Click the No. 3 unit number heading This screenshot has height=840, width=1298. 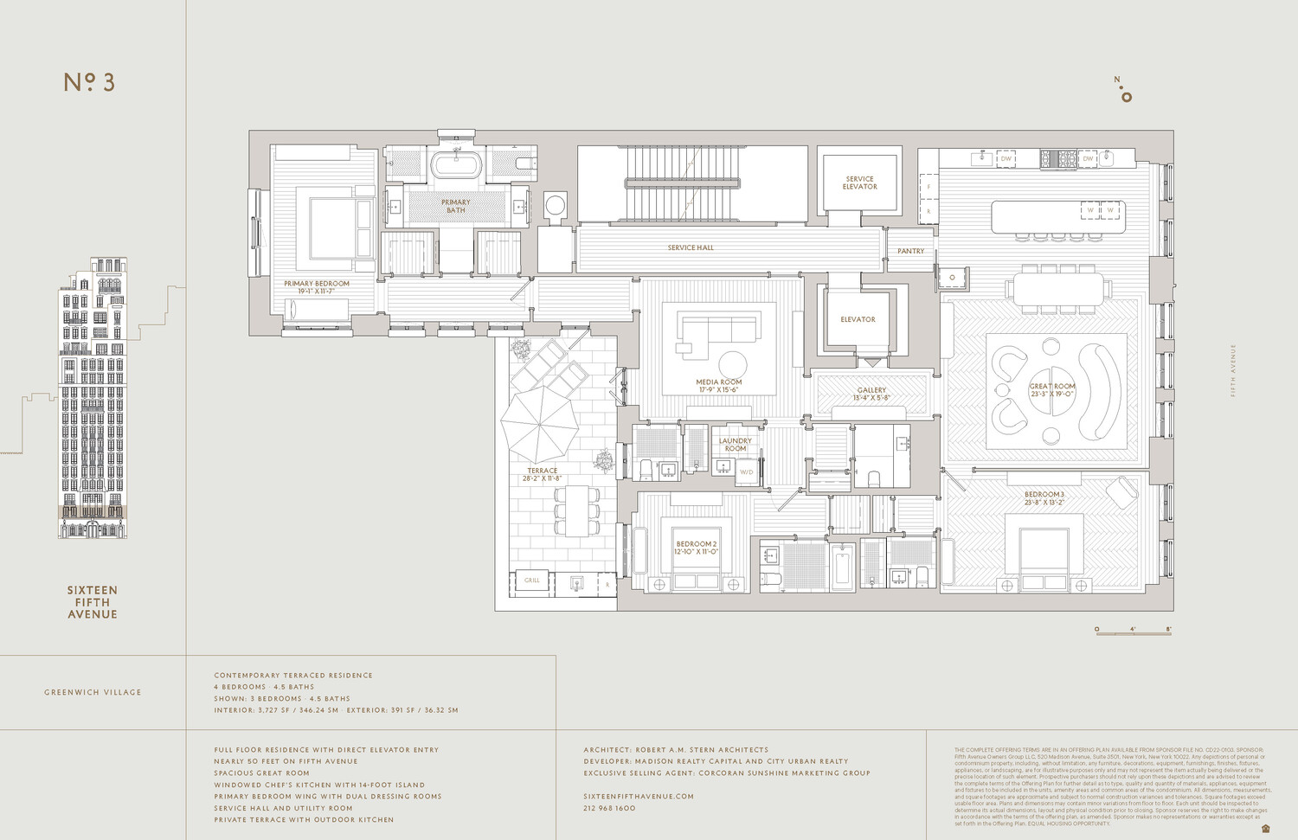(89, 82)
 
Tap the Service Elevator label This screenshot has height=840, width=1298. (859, 183)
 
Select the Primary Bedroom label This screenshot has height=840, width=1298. (317, 287)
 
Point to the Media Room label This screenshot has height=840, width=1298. (718, 386)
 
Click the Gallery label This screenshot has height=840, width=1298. (871, 394)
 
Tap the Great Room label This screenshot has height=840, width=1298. (1052, 390)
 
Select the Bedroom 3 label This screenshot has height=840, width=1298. (1044, 497)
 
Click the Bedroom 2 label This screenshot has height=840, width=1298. (696, 548)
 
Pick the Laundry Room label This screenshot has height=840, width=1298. (735, 445)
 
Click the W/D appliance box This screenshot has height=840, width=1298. (746, 472)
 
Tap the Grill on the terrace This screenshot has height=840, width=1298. (531, 580)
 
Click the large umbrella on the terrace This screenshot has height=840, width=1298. (539, 424)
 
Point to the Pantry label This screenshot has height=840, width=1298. (910, 251)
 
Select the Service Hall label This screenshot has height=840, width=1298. (691, 247)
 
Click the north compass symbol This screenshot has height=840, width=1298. (1123, 92)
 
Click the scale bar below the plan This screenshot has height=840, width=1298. (1134, 632)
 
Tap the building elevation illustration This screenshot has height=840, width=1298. (93, 398)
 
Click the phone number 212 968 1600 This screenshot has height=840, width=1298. (609, 808)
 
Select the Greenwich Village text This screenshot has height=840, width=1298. (93, 692)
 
